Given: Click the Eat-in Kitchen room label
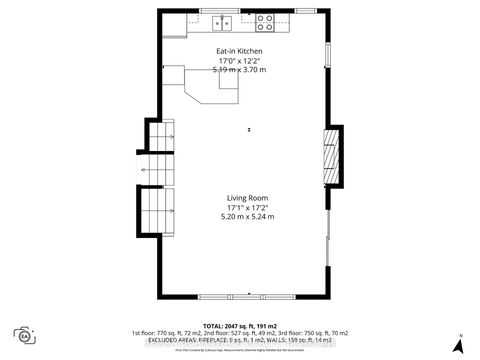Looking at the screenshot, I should pyautogui.click(x=240, y=51).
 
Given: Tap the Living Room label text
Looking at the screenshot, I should pyautogui.click(x=245, y=197).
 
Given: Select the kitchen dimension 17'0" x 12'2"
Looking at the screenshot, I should pyautogui.click(x=240, y=61).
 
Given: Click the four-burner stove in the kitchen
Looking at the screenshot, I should pyautogui.click(x=265, y=20).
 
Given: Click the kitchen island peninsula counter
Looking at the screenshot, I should pyautogui.click(x=205, y=88).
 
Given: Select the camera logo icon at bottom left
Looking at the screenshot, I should pyautogui.click(x=23, y=335).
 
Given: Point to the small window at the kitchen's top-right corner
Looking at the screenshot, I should pyautogui.click(x=307, y=10).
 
